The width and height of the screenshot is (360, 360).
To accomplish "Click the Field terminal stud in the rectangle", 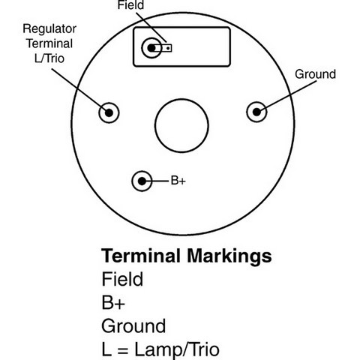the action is point(151,48).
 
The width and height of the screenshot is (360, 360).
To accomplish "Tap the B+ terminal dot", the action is point(142,181).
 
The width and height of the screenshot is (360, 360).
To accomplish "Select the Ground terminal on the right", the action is point(256,112).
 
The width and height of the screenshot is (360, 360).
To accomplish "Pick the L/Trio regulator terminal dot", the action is point(109,112).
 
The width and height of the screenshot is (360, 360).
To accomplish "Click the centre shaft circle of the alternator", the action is point(181,125).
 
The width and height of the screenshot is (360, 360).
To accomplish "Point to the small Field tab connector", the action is point(167,48).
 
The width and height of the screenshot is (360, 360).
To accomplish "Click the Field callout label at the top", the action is point(130,5).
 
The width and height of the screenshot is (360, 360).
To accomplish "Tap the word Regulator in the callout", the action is point(49,29).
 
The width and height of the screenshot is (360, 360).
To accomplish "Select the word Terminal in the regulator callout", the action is point(49,43).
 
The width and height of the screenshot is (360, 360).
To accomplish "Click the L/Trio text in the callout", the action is point(49,58).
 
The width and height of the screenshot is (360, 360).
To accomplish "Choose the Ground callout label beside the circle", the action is point(315,74).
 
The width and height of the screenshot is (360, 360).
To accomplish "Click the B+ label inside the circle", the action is point(178,181).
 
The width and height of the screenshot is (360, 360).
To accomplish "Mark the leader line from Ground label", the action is point(289,96).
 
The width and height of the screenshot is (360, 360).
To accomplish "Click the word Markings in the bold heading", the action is point(229,256).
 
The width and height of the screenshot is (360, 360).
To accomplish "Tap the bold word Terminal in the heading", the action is point(141,256).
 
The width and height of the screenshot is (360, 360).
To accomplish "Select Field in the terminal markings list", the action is point(122,279).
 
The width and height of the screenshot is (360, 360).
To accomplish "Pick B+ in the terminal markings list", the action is point(113,302).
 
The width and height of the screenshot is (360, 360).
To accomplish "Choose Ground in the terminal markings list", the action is point(133,325).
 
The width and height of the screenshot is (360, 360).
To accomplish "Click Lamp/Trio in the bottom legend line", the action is point(177,349).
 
